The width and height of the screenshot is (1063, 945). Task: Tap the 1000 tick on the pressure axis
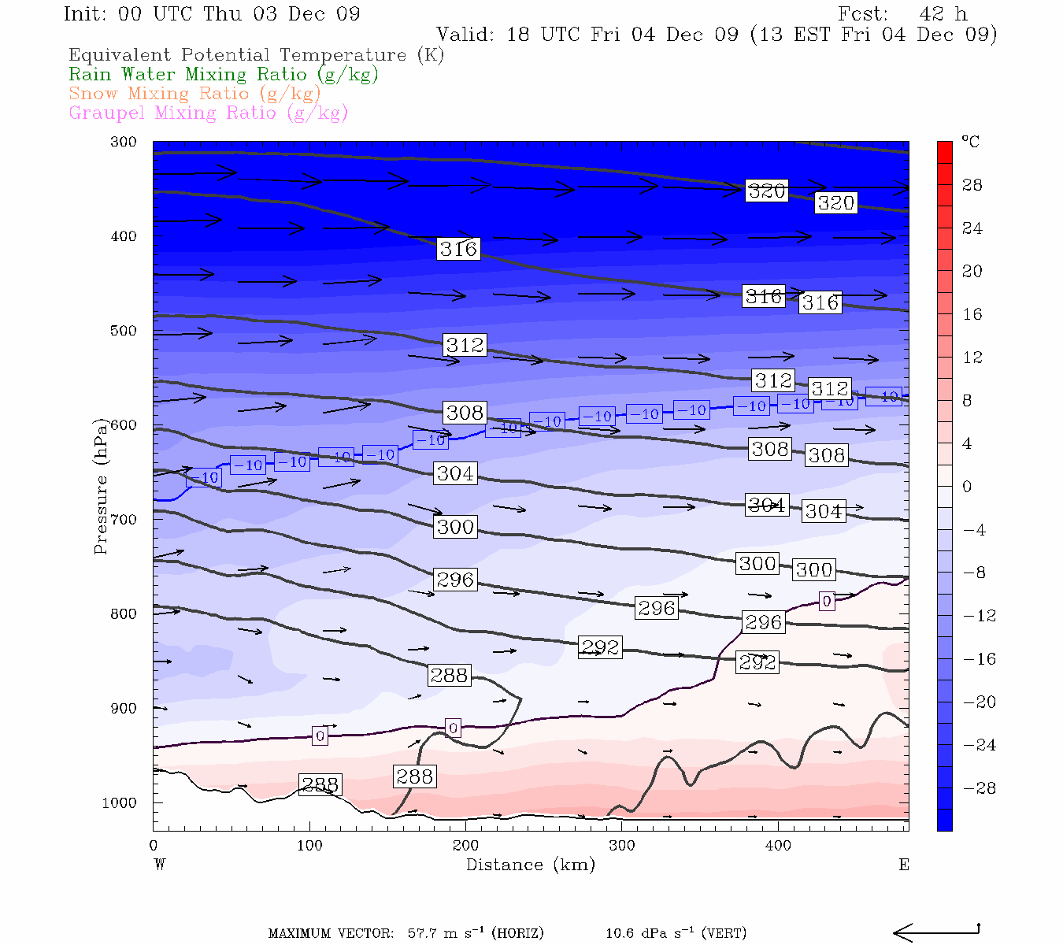click(120, 803)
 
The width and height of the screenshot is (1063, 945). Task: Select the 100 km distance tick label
click(309, 846)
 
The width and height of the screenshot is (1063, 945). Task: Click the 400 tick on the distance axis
click(778, 846)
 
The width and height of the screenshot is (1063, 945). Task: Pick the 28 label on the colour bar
click(972, 185)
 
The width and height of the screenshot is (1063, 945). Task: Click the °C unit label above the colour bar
click(970, 142)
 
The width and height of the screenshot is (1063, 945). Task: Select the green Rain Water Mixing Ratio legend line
click(224, 75)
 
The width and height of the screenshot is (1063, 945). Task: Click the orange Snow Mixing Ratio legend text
click(194, 94)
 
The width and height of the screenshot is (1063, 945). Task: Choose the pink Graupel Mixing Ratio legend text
click(208, 113)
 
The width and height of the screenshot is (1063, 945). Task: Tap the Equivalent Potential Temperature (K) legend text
click(256, 55)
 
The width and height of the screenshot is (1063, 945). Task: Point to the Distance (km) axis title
click(530, 865)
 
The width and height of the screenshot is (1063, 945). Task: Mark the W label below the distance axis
click(159, 865)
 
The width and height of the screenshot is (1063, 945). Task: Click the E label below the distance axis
click(904, 865)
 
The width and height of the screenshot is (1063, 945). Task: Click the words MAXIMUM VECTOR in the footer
click(331, 934)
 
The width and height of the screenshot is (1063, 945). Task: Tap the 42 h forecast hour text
click(943, 14)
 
